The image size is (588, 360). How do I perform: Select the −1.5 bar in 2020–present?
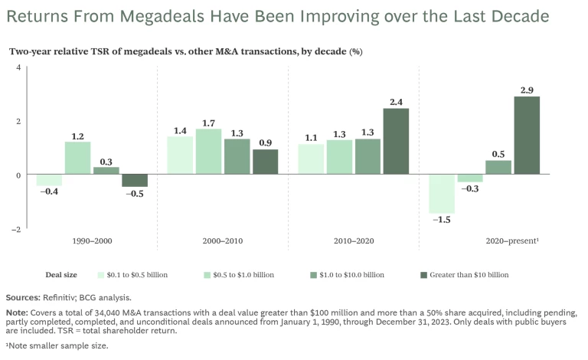click(442, 194)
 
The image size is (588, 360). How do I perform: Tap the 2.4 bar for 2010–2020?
click(397, 142)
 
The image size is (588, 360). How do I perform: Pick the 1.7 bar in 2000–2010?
click(208, 152)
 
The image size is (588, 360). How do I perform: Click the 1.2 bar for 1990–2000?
click(77, 159)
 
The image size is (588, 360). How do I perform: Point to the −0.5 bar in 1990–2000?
click(135, 181)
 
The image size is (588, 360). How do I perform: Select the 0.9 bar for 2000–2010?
click(265, 162)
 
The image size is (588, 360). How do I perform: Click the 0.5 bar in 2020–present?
click(498, 168)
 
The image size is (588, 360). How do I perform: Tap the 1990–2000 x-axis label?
click(92, 241)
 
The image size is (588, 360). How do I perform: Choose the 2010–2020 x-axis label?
click(353, 241)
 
